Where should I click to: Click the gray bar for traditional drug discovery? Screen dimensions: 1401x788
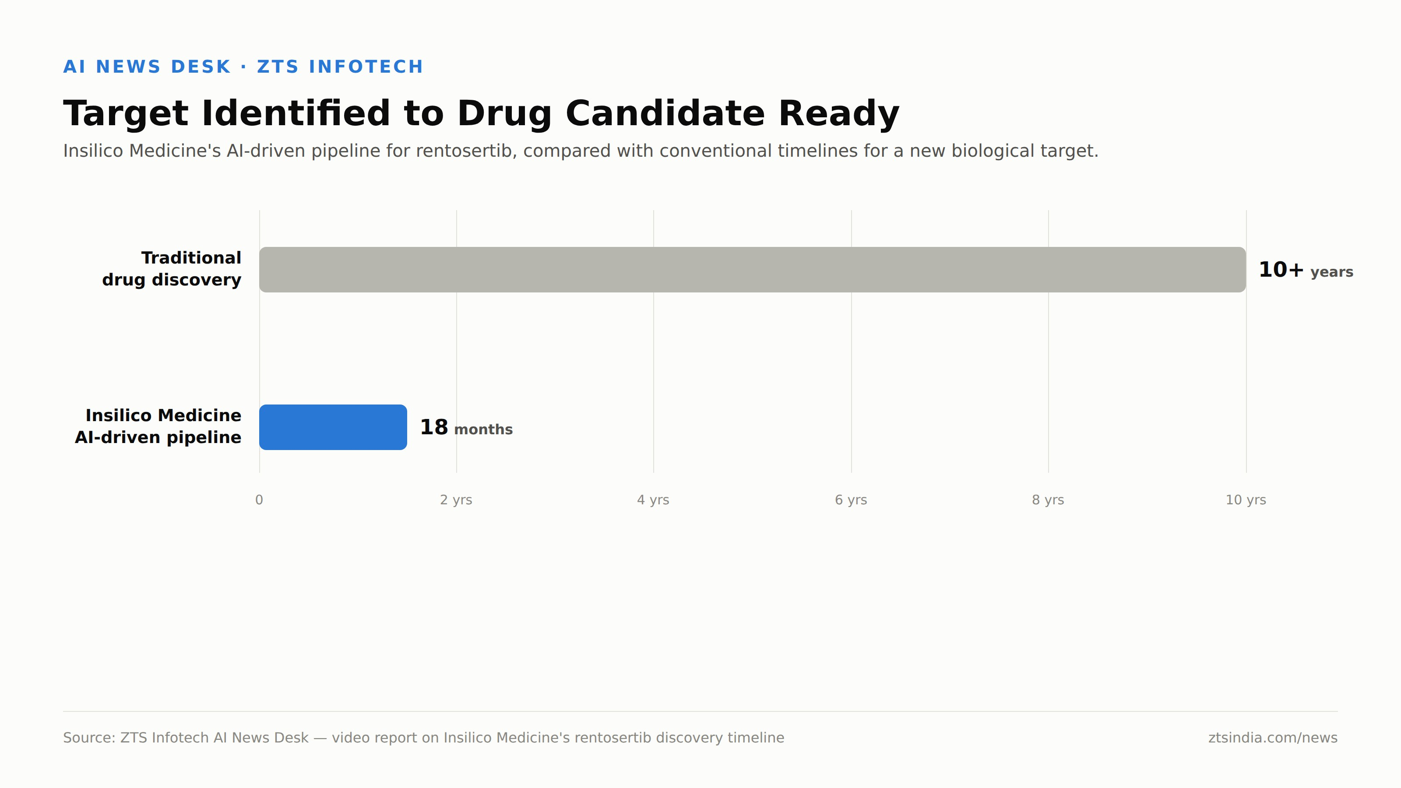[752, 270]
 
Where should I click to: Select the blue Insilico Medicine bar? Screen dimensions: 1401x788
[333, 427]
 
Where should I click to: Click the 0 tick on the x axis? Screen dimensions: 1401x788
[259, 500]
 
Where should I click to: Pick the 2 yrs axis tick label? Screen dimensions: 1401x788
[456, 500]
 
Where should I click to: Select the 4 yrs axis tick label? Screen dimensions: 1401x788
[653, 500]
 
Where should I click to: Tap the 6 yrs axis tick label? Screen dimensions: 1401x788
[851, 500]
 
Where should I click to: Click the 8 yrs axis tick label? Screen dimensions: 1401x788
[1048, 500]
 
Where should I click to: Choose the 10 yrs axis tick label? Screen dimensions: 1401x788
[1246, 500]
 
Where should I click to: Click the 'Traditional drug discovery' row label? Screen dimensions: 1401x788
[171, 269]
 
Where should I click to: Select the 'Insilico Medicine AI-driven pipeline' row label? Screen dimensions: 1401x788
[158, 426]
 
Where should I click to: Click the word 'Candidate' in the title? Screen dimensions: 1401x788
[665, 114]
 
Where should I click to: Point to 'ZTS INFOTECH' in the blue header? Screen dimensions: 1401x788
[340, 67]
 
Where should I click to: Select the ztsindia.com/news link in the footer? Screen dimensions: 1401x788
[1273, 738]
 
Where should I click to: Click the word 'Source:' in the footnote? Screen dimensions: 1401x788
[89, 738]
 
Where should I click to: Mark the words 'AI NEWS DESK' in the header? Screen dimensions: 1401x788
[147, 67]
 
